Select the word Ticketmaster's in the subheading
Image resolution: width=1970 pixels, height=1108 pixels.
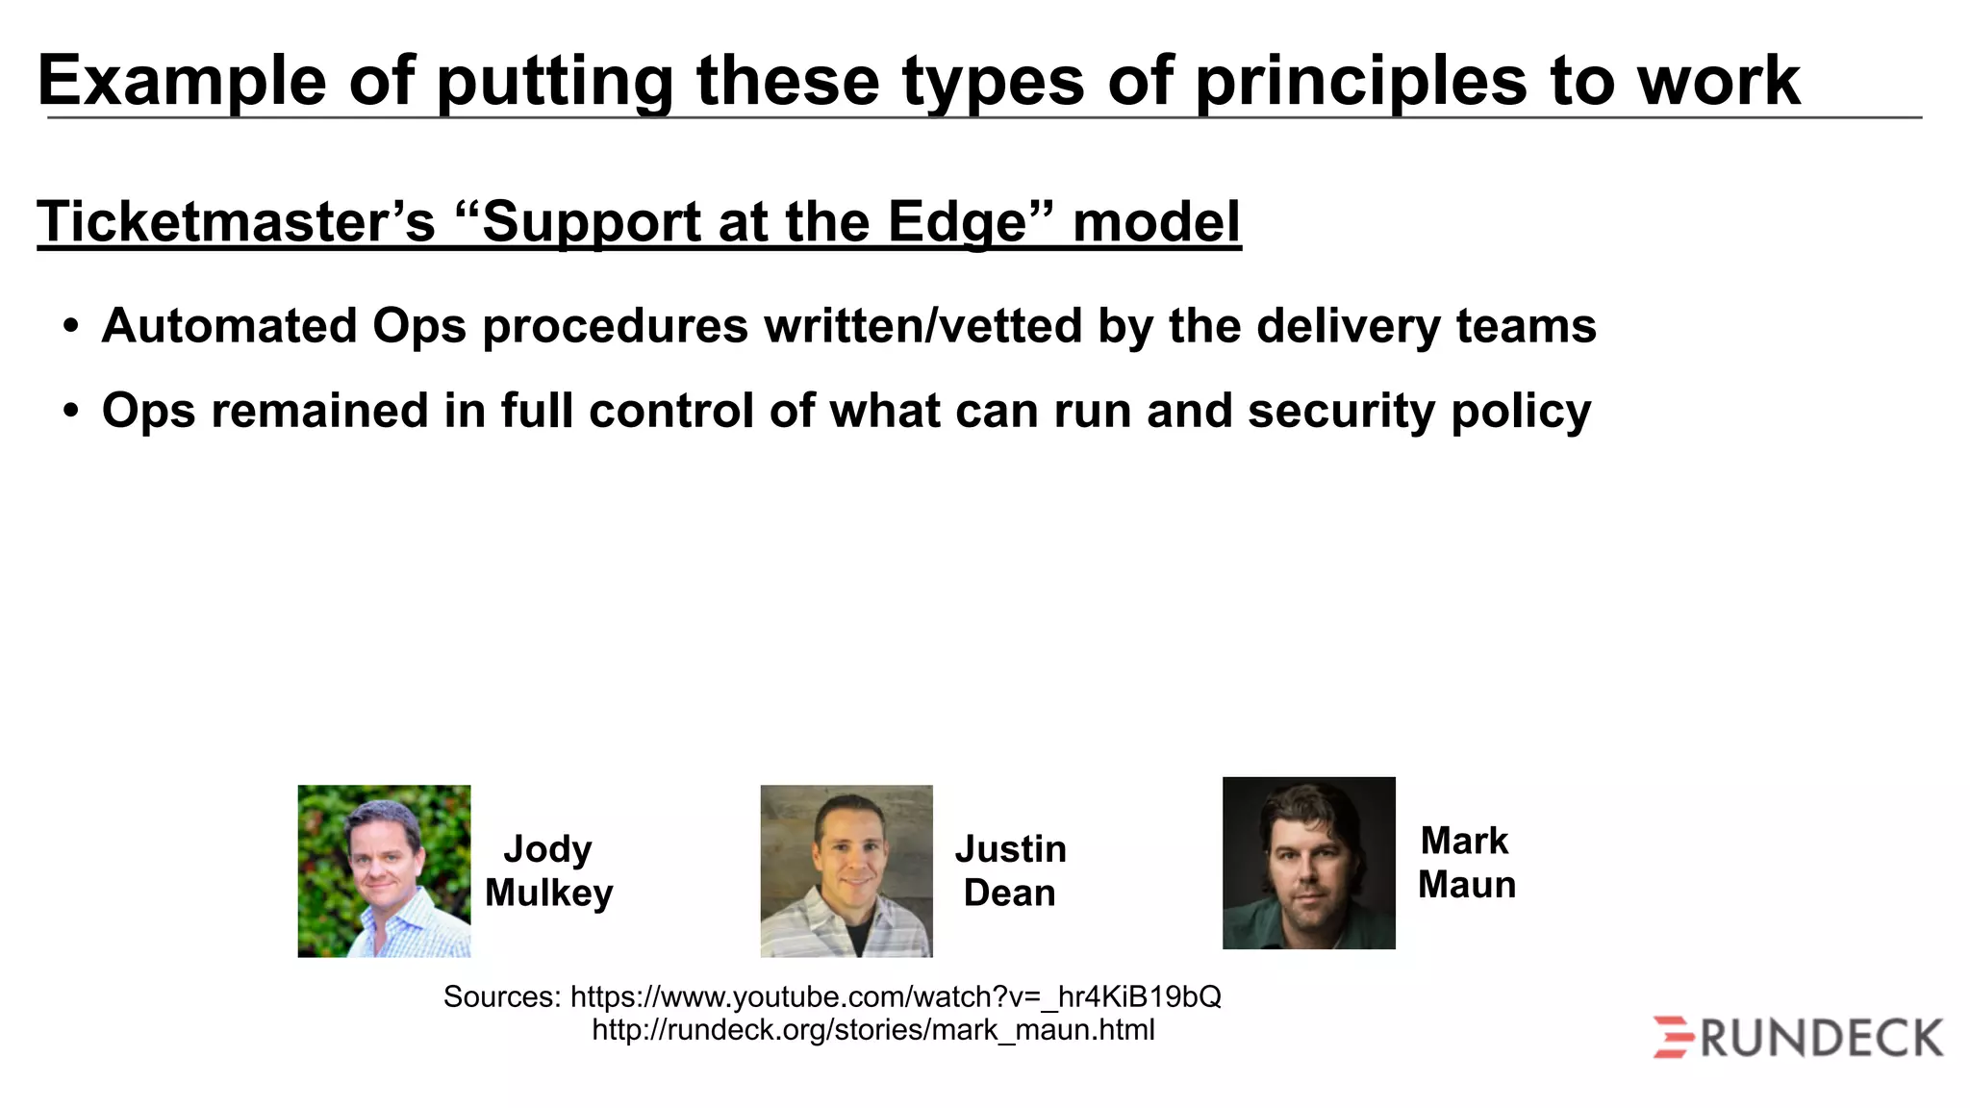237,222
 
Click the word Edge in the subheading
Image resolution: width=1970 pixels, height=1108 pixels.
958,222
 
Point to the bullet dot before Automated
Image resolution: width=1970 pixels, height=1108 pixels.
70,326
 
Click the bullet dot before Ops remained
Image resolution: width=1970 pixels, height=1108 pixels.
70,411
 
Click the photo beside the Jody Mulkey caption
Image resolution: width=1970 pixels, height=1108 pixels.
384,870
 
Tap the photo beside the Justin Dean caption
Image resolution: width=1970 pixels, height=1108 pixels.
846,870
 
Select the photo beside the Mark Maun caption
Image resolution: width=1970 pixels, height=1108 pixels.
1308,863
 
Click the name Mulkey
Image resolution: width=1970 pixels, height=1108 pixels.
548,893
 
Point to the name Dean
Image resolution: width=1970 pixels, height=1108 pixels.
1009,893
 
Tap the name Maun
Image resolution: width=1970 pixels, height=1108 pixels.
1466,885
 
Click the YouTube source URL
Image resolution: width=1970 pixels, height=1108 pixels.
896,996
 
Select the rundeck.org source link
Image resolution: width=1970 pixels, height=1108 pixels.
872,1030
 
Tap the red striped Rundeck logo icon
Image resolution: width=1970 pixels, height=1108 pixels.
1674,1037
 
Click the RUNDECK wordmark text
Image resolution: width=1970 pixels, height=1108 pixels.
1822,1039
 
